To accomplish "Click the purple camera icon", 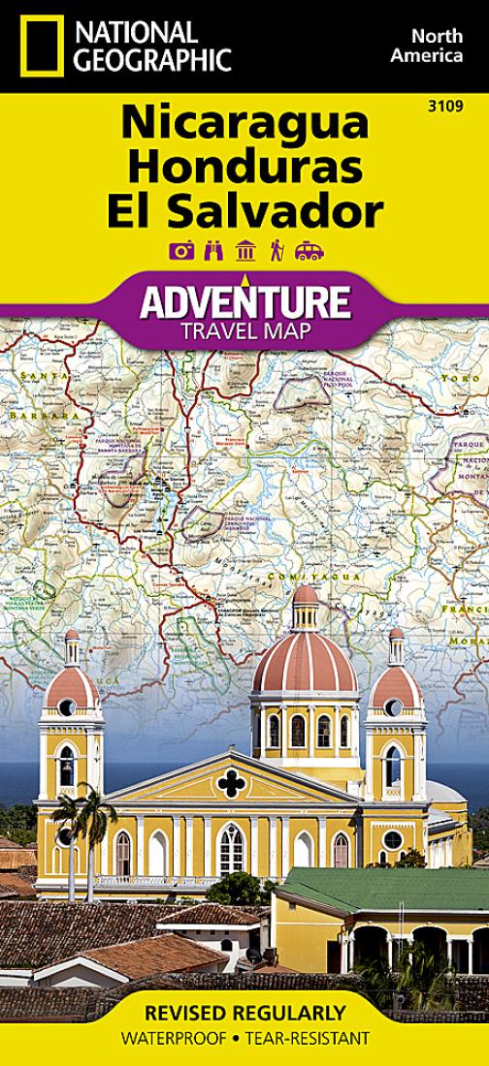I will pos(181,250).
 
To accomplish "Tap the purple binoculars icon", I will pos(213,250).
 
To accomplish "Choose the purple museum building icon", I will pos(245,250).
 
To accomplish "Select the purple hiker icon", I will pos(277,250).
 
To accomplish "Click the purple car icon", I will pos(310,250).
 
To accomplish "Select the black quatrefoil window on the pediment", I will pos(231,782).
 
